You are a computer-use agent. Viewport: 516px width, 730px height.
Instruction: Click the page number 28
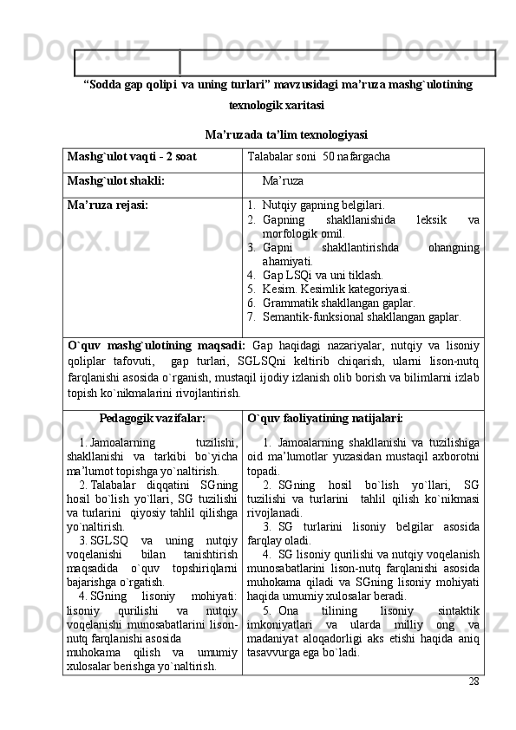click(x=474, y=681)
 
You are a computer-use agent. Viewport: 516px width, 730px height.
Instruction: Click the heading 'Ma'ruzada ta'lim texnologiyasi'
click(x=285, y=134)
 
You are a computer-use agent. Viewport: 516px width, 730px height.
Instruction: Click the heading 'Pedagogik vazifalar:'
click(x=153, y=417)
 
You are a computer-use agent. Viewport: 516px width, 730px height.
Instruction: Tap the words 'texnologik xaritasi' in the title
click(x=277, y=105)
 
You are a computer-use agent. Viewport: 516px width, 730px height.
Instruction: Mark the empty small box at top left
click(x=127, y=62)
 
